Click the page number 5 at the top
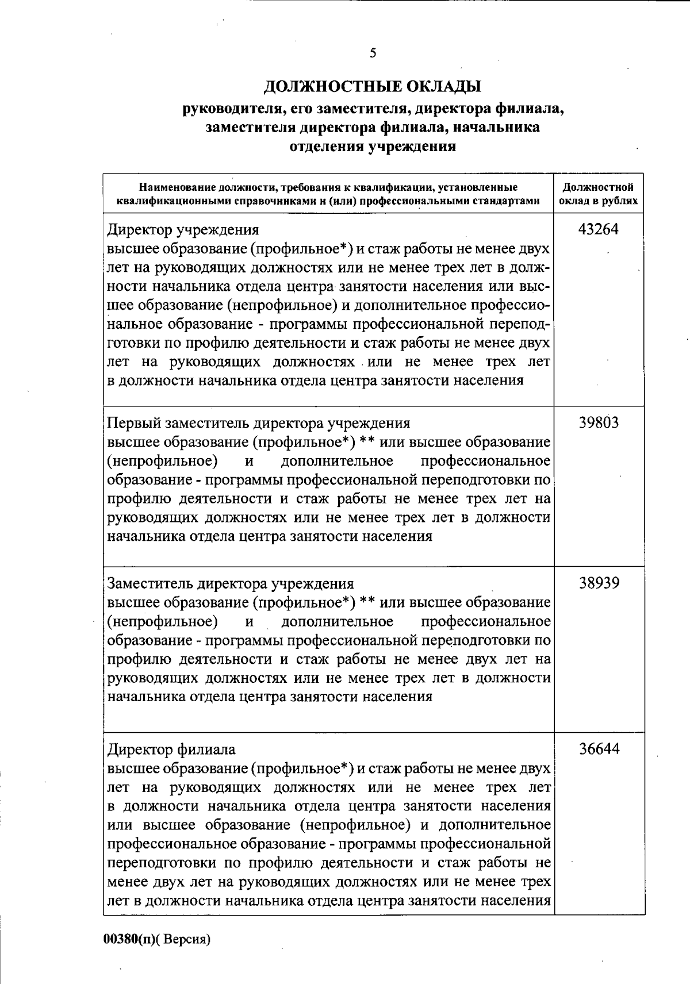pyautogui.click(x=373, y=53)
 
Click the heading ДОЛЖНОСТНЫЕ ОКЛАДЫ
pyautogui.click(x=373, y=87)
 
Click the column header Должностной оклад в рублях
pyautogui.click(x=599, y=194)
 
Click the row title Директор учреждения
pyautogui.click(x=183, y=230)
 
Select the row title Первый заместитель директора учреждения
pyautogui.click(x=259, y=424)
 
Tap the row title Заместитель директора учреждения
pyautogui.click(x=231, y=584)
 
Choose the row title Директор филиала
pyautogui.click(x=171, y=749)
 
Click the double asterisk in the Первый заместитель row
pyautogui.click(x=368, y=442)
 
